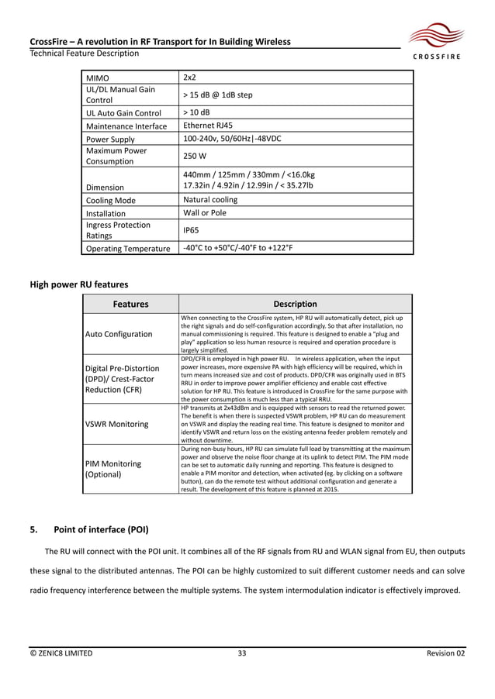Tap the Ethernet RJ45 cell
tap(207, 126)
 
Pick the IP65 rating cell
tap(192, 230)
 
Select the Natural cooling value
tap(209, 199)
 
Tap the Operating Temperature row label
tap(127, 249)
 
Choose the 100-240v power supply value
tap(231, 139)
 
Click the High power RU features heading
tap(78, 284)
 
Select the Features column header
tap(130, 305)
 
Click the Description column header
tap(295, 305)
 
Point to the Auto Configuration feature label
tap(119, 334)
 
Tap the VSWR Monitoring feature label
tap(116, 424)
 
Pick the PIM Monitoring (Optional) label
tap(113, 469)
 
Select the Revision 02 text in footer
tap(446, 653)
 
